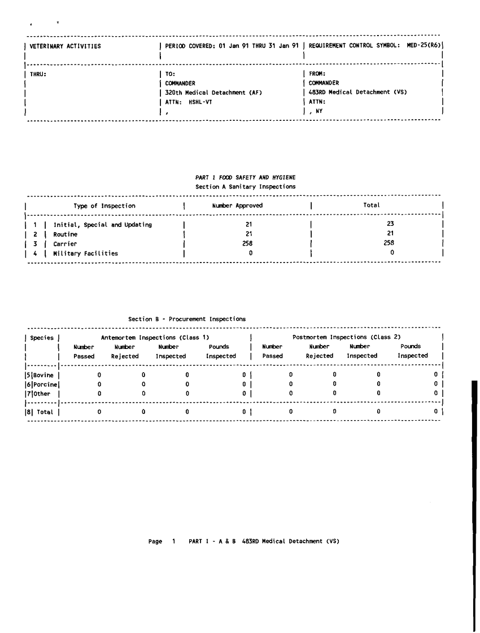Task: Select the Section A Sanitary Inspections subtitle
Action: point(246,186)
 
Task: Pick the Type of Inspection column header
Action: point(104,206)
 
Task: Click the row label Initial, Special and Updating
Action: point(103,225)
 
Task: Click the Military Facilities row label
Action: point(86,253)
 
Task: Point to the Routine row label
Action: point(66,234)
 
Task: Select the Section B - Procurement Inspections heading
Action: point(187,319)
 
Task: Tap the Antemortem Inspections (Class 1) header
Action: point(151,337)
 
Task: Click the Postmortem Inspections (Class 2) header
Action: point(347,337)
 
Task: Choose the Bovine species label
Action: point(45,374)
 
